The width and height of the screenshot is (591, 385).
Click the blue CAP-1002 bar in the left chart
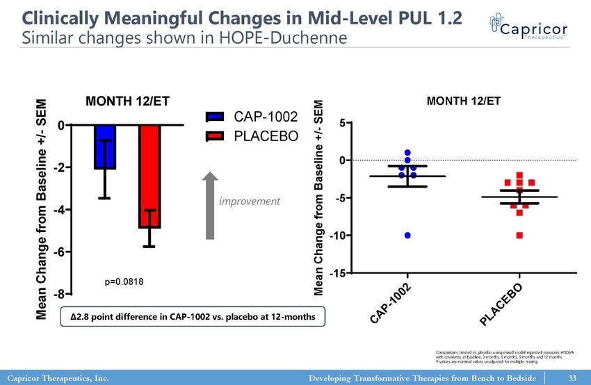point(105,147)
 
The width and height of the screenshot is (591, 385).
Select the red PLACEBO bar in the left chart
point(149,177)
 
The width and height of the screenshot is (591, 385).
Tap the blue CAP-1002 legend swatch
point(216,117)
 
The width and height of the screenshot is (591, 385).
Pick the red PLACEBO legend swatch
point(216,135)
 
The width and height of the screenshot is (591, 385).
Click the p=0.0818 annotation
point(124,281)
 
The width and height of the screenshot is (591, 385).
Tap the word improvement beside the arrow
point(250,202)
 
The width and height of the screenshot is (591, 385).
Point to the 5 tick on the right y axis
point(342,124)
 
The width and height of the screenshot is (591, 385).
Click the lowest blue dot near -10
point(407,236)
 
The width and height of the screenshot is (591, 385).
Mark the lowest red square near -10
point(519,236)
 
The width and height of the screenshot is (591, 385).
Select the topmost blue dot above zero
point(407,153)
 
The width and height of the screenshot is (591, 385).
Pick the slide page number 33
point(573,378)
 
